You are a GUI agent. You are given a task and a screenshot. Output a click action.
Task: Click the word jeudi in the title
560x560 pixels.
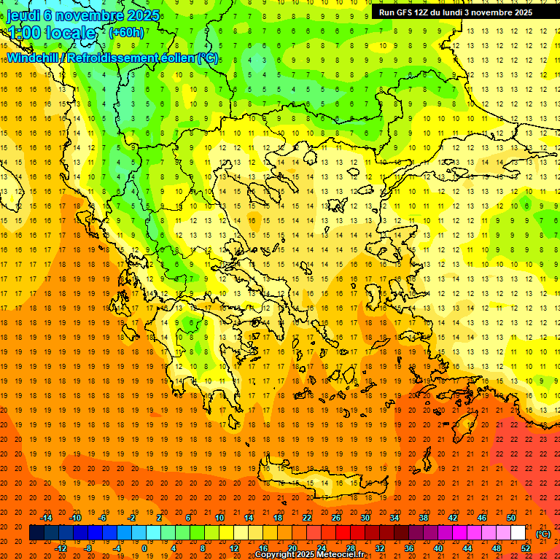coord(26,15)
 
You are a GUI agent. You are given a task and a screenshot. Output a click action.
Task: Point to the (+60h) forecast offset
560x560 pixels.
coord(126,33)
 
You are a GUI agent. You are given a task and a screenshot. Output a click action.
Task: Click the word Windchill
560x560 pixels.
coord(33,58)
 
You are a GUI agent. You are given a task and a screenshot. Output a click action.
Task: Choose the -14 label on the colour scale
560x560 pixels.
coord(47,518)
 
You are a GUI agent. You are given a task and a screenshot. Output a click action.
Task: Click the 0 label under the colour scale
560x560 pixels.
coord(144,548)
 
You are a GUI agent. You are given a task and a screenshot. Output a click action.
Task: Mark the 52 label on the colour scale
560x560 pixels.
coord(526,548)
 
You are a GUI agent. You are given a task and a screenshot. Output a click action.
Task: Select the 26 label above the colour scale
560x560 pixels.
coord(336,518)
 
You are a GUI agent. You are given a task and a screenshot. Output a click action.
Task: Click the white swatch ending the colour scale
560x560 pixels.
coord(518,533)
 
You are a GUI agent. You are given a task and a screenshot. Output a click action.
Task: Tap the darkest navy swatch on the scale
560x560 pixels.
coord(36,533)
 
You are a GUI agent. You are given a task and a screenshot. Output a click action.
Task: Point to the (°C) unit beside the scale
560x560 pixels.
coord(543,533)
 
